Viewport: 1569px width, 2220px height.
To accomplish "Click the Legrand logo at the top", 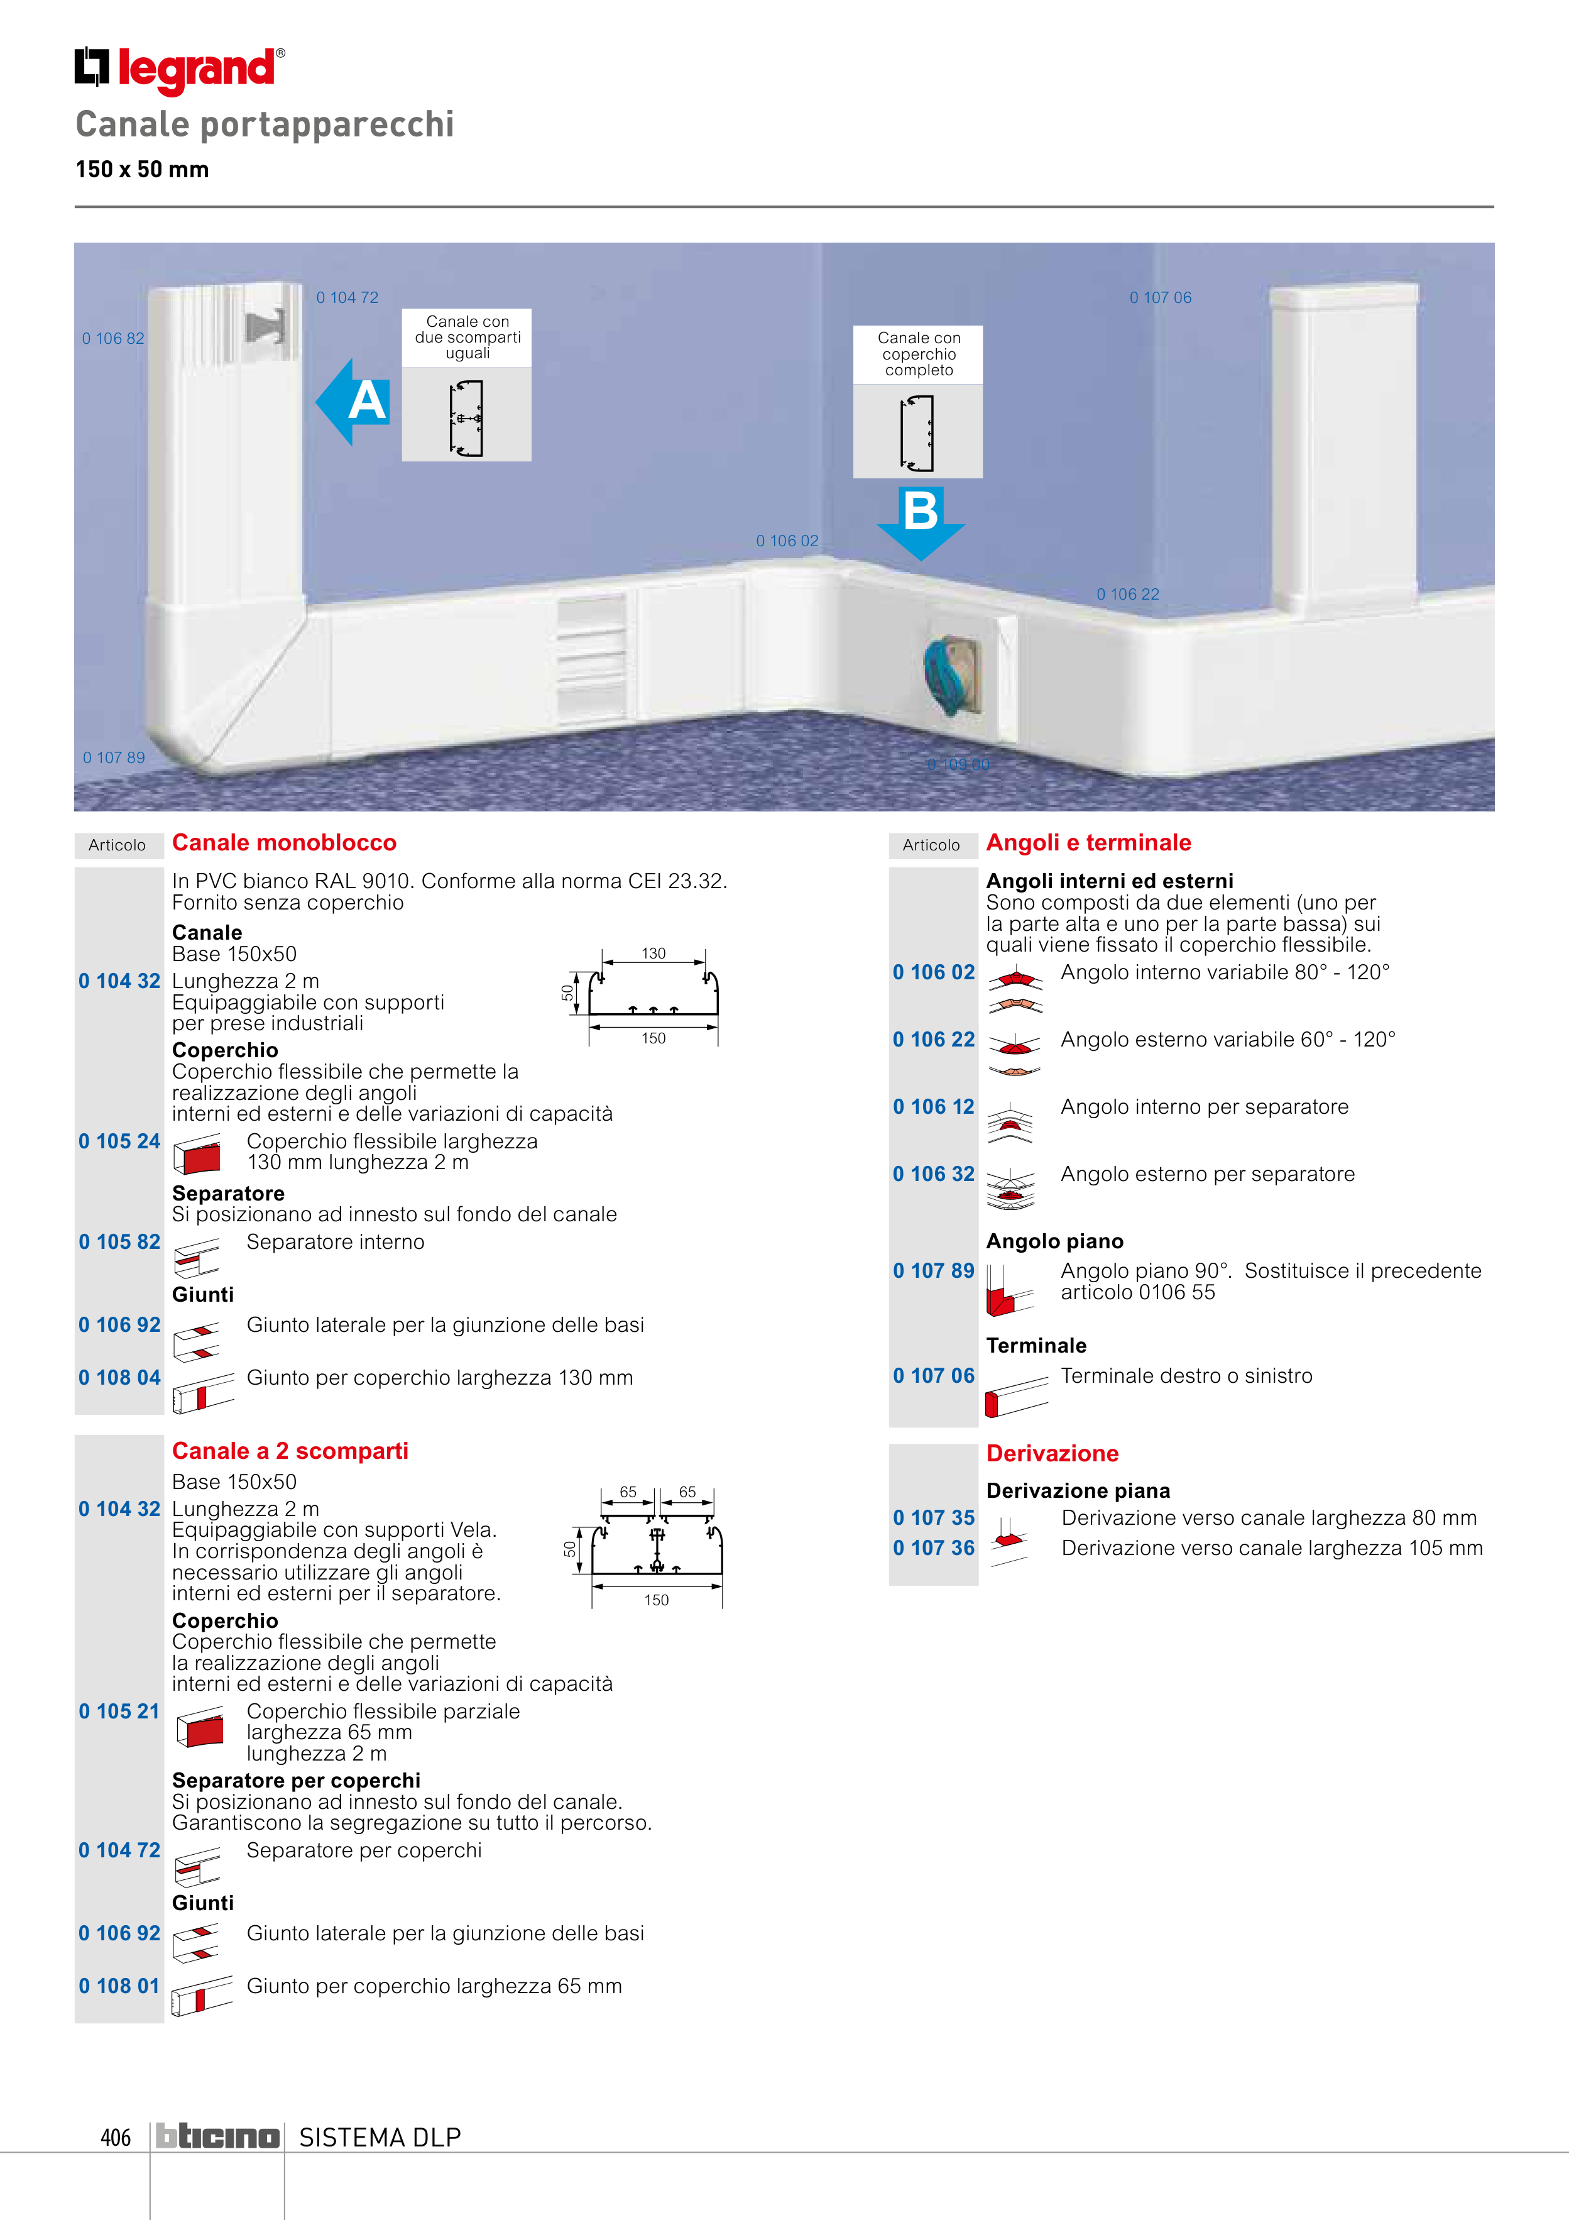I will click(180, 70).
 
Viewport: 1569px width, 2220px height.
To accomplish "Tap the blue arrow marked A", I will click(354, 401).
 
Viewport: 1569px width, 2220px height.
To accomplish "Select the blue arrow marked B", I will click(921, 522).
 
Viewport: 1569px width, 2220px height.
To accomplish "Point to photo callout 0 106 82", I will click(113, 338).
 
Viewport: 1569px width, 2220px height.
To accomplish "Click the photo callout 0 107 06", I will click(1160, 298).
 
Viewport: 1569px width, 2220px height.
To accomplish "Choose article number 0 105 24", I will click(119, 1141).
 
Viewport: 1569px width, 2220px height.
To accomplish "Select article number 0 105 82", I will click(119, 1241).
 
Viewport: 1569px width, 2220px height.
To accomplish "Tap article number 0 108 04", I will click(119, 1377).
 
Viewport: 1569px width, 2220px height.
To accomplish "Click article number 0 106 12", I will click(933, 1106).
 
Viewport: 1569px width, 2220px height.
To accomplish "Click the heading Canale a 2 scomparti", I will click(290, 1450).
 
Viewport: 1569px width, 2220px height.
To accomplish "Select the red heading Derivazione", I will click(1052, 1453).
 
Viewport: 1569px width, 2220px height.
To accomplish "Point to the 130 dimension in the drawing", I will click(653, 953).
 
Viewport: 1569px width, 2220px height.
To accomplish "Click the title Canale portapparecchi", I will click(265, 124).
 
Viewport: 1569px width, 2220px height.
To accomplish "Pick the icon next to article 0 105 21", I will click(199, 1728).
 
